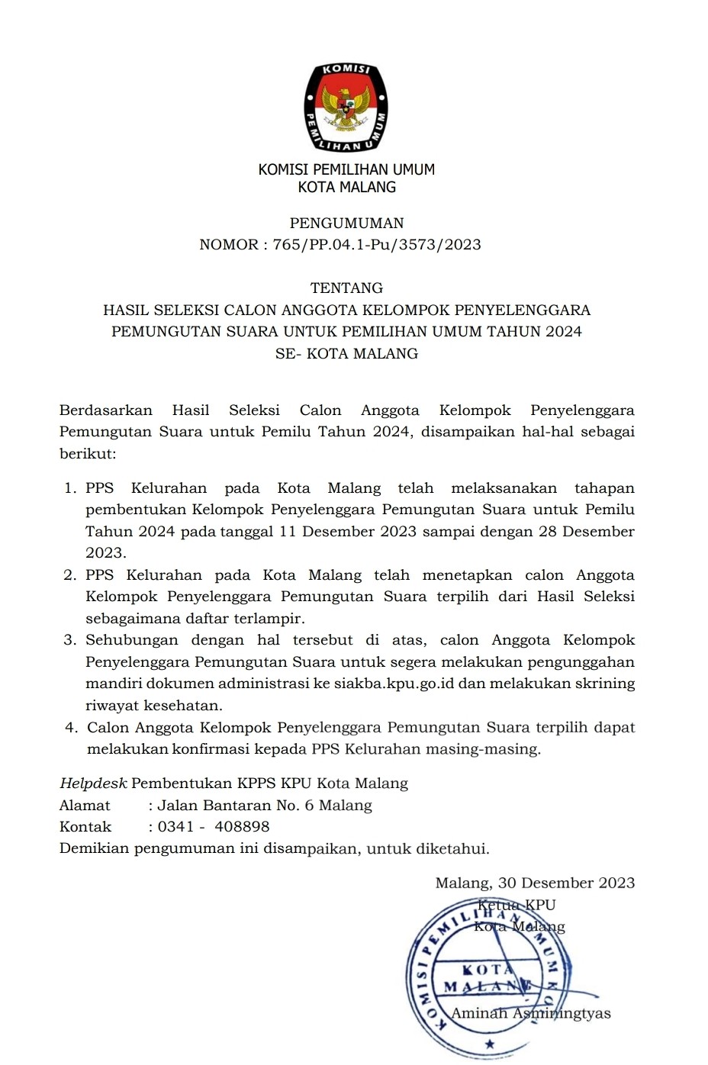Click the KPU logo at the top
coord(346,108)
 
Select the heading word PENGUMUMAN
coord(346,224)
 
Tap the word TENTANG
coord(346,288)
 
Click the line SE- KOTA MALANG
coord(346,354)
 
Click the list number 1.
coord(69,488)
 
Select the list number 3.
coord(69,640)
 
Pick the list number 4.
coord(70,728)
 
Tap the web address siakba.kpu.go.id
coord(394,684)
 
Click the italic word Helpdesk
coord(93,783)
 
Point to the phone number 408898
coord(242,827)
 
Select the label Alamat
coord(85,806)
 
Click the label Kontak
coord(85,827)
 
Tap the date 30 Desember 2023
coord(566,883)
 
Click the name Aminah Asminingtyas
coord(531,1014)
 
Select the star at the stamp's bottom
coord(489,1044)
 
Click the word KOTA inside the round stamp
coord(488,970)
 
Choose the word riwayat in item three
coord(111,706)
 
